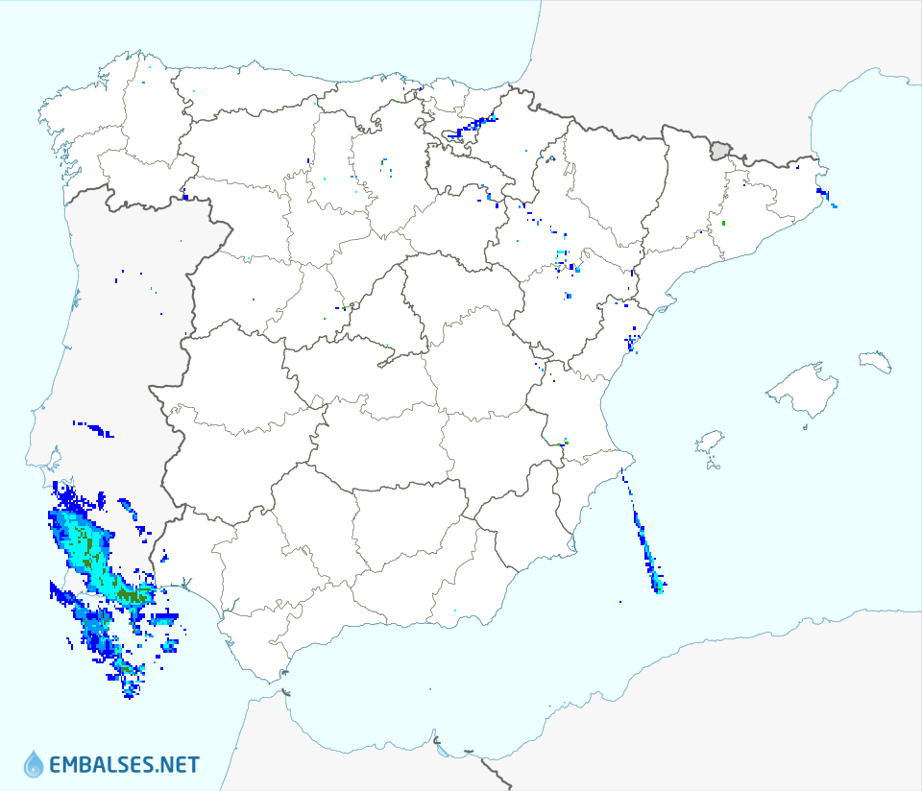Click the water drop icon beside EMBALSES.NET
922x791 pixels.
pyautogui.click(x=34, y=764)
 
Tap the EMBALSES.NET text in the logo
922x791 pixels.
pyautogui.click(x=124, y=765)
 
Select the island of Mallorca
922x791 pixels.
pyautogui.click(x=800, y=390)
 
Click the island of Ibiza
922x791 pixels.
pyautogui.click(x=709, y=443)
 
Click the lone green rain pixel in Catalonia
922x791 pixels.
pyautogui.click(x=723, y=224)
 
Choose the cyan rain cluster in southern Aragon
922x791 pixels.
pyautogui.click(x=563, y=259)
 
